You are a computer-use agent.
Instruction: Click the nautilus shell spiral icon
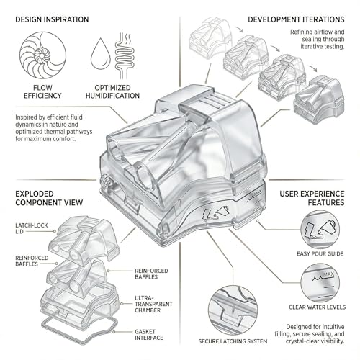(42, 55)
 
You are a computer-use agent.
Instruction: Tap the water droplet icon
(101, 54)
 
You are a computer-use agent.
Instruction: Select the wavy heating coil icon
(124, 56)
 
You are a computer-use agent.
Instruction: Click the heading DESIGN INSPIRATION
(52, 19)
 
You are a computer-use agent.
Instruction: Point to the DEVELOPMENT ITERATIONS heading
(296, 19)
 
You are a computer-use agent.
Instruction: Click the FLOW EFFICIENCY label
(42, 91)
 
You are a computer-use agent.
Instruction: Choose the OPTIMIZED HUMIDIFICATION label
(112, 91)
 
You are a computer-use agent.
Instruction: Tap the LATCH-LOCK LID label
(32, 228)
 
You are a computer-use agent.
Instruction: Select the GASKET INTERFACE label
(149, 335)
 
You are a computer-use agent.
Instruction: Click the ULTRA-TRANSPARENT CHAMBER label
(153, 304)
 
